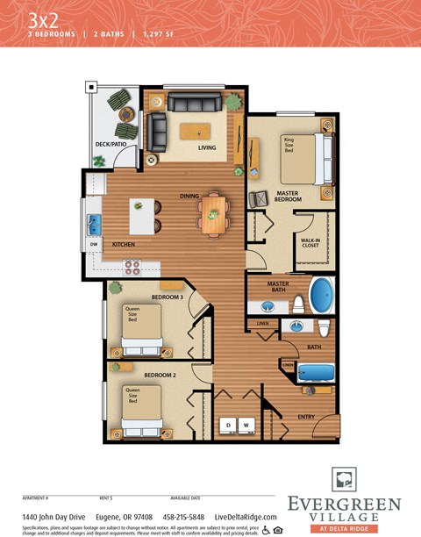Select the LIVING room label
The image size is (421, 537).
coord(207,147)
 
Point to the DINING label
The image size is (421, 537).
coord(189,196)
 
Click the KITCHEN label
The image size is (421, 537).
coord(124,243)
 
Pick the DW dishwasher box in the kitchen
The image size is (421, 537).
coord(94,244)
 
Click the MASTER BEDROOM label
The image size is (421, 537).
coord(289,196)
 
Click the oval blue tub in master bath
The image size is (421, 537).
coord(321,296)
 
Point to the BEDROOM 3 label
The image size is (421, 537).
coord(167,297)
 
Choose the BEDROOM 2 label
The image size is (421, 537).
coord(161,375)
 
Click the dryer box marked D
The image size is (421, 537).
coord(228,426)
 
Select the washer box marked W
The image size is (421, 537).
coord(246,426)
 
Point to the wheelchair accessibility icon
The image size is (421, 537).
coord(265,530)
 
